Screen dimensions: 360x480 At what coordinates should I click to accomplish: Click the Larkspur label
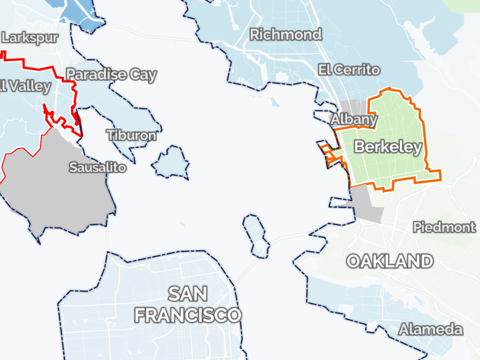click(x=30, y=38)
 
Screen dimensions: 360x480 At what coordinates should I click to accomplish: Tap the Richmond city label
click(x=286, y=35)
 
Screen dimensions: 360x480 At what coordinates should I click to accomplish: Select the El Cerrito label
click(x=349, y=70)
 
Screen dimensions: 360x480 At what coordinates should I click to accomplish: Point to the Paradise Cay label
click(x=111, y=75)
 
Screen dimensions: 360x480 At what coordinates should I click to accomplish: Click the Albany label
click(x=353, y=119)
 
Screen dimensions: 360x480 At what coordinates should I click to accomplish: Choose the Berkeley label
click(x=388, y=147)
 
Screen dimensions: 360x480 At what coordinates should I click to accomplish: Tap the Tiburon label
click(x=132, y=135)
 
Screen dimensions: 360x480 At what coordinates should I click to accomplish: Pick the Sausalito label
click(x=98, y=167)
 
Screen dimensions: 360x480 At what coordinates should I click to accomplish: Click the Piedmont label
click(x=444, y=228)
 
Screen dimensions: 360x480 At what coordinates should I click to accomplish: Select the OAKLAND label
click(x=390, y=261)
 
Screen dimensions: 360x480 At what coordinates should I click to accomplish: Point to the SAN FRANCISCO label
click(x=188, y=305)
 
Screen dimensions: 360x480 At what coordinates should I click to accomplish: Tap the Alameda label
click(x=431, y=330)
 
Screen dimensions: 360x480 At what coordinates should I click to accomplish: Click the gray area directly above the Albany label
click(x=354, y=107)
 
